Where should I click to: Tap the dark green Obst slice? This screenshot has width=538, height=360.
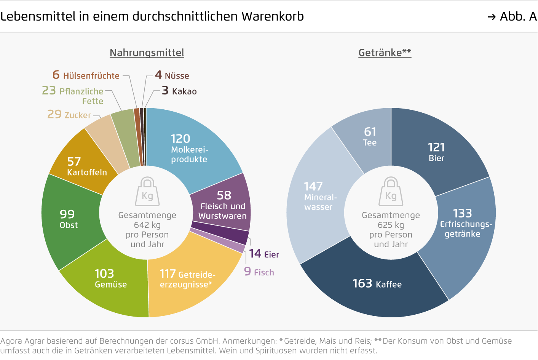pyautogui.click(x=70, y=219)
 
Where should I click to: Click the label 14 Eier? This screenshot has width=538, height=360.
pyautogui.click(x=264, y=254)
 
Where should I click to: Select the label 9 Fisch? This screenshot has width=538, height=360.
pyautogui.click(x=259, y=272)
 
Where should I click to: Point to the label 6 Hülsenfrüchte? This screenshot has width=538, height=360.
pyautogui.click(x=86, y=75)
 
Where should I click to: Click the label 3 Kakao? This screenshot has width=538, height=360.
pyautogui.click(x=179, y=91)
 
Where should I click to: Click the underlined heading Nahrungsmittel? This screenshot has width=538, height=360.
pyautogui.click(x=147, y=53)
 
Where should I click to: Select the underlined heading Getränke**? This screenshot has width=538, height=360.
pyautogui.click(x=385, y=53)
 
